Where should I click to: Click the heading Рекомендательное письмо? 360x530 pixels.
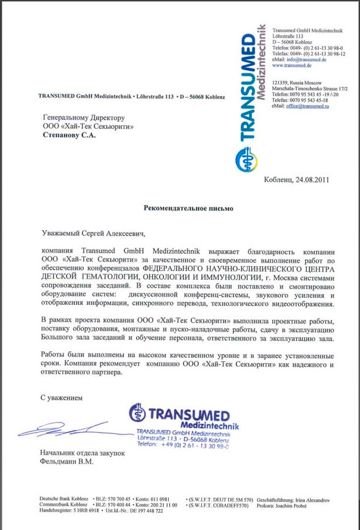188,209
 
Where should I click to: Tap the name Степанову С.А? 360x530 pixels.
69,135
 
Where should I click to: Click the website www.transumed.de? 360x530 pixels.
292,65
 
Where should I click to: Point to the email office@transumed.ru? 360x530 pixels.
308,106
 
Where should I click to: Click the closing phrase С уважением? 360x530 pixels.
62,396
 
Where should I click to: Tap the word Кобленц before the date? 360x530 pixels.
278,179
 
